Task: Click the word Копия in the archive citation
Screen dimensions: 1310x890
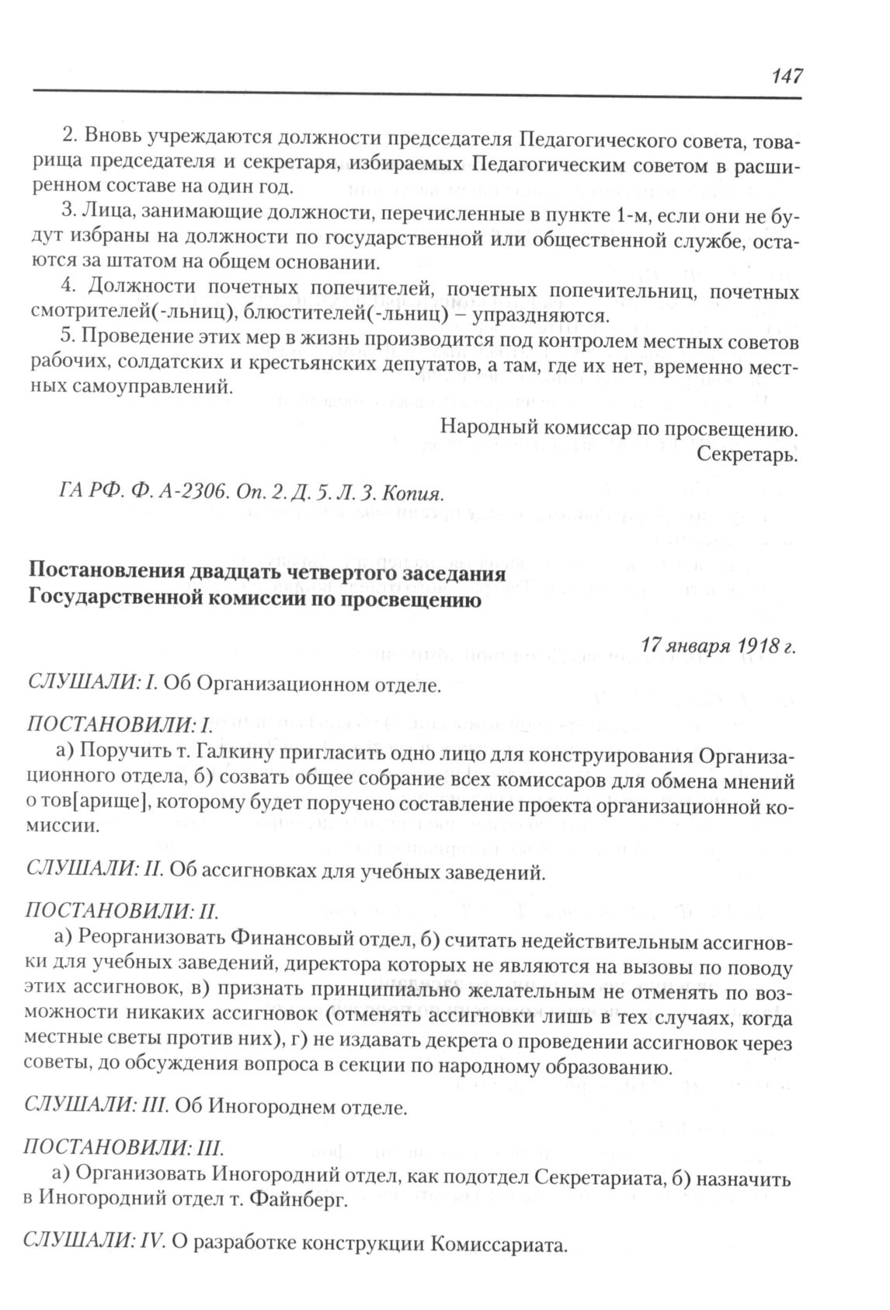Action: [414, 495]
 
